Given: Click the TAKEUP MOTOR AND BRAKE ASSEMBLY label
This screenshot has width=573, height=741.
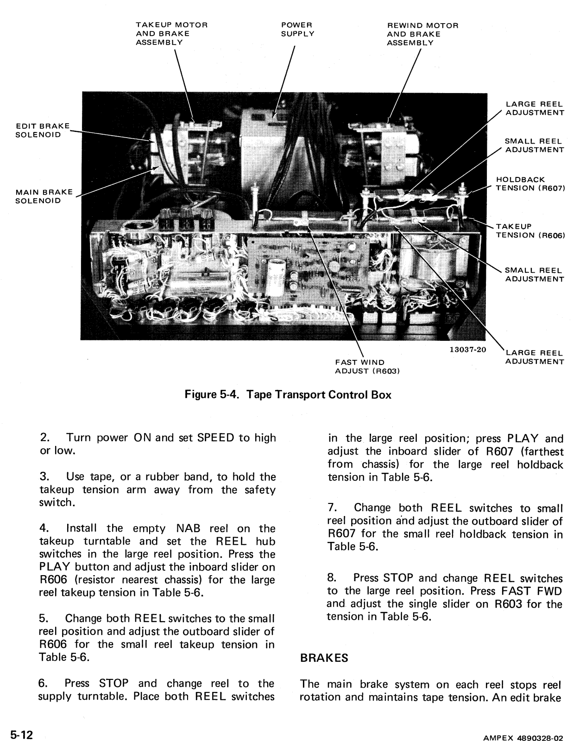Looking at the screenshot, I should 171,33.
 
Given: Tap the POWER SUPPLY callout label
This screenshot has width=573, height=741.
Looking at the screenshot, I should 297,29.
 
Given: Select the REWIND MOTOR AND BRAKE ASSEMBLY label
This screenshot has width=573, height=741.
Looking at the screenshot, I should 422,34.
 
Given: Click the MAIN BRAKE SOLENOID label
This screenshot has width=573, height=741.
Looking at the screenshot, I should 44,196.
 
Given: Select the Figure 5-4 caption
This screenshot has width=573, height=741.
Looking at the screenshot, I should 288,395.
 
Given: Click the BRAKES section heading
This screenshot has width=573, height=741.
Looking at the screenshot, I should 324,658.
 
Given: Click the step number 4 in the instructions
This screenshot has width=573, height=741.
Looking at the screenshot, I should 44,528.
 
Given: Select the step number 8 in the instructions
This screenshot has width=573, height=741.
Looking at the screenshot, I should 332,578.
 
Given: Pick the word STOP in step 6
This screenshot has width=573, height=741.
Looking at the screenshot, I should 114,683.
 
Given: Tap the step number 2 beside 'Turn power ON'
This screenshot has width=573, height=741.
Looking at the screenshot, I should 44,438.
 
